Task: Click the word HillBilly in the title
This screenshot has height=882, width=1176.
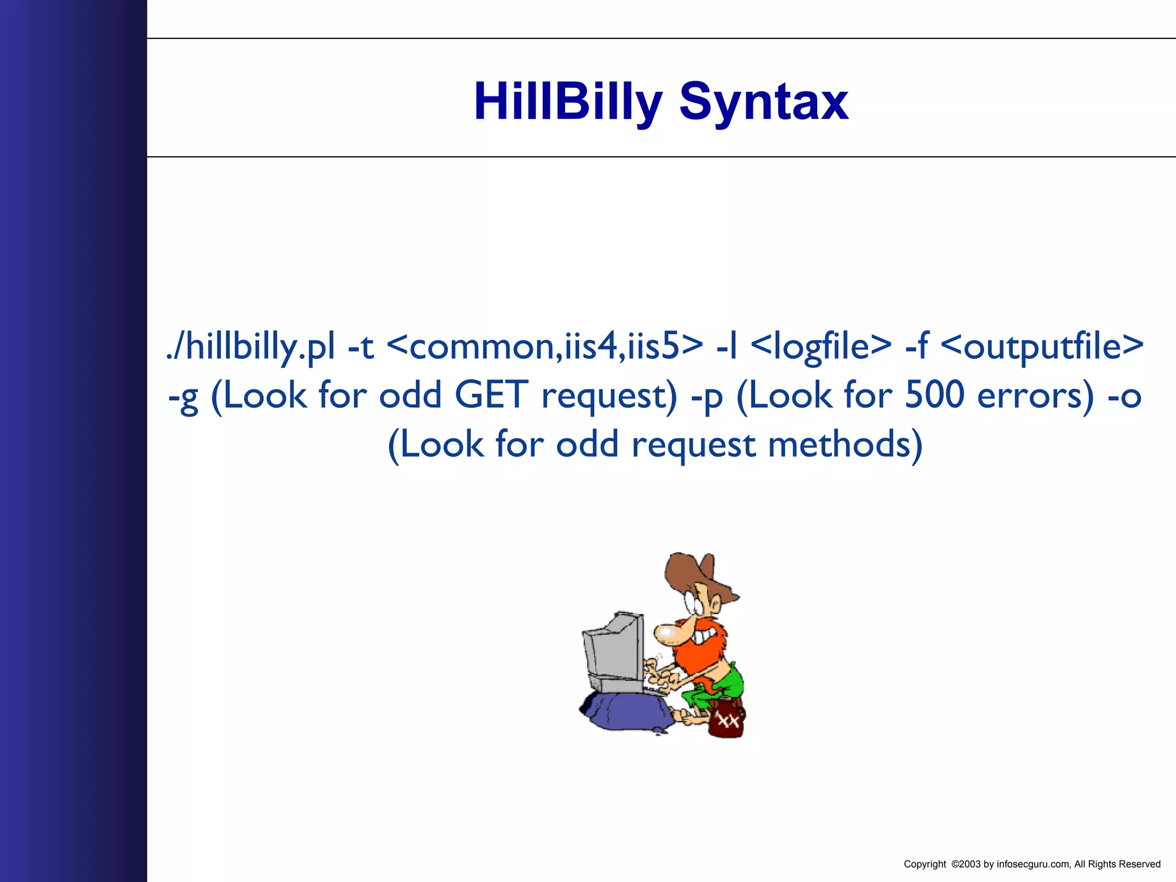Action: [x=567, y=102]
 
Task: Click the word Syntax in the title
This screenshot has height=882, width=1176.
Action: [x=763, y=102]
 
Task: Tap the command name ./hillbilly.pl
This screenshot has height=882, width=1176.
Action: [x=250, y=347]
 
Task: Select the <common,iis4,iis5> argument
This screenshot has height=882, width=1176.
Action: [x=544, y=347]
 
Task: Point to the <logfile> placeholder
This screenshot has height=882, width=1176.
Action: [x=821, y=347]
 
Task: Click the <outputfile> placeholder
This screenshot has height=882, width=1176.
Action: [x=1043, y=347]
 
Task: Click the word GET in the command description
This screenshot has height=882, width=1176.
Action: [x=491, y=396]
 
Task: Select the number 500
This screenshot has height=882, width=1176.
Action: [x=934, y=396]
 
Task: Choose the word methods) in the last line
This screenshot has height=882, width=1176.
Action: [x=845, y=445]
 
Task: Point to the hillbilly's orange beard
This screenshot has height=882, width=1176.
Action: [x=698, y=655]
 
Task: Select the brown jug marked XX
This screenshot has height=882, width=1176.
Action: [x=726, y=721]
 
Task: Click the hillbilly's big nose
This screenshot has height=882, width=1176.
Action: [x=666, y=633]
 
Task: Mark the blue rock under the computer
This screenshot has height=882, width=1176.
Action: [x=626, y=712]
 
